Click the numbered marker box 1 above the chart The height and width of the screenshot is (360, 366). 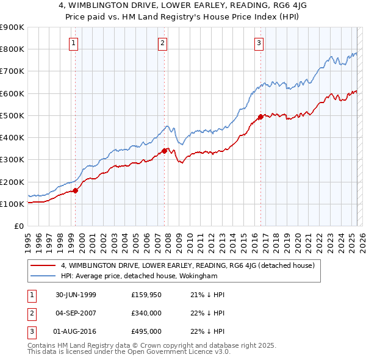pos(73,43)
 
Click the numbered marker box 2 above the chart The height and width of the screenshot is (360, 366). pos(163,43)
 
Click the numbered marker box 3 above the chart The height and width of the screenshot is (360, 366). pos(259,43)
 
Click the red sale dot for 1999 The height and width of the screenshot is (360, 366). pos(76,190)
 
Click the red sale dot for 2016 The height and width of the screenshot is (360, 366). pos(260,117)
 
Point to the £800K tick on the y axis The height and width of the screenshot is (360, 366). pos(12,49)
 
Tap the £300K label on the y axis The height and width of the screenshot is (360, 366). pos(12,160)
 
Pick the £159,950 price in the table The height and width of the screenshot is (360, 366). pos(146,295)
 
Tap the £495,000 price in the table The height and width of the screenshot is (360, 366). pos(146,331)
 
